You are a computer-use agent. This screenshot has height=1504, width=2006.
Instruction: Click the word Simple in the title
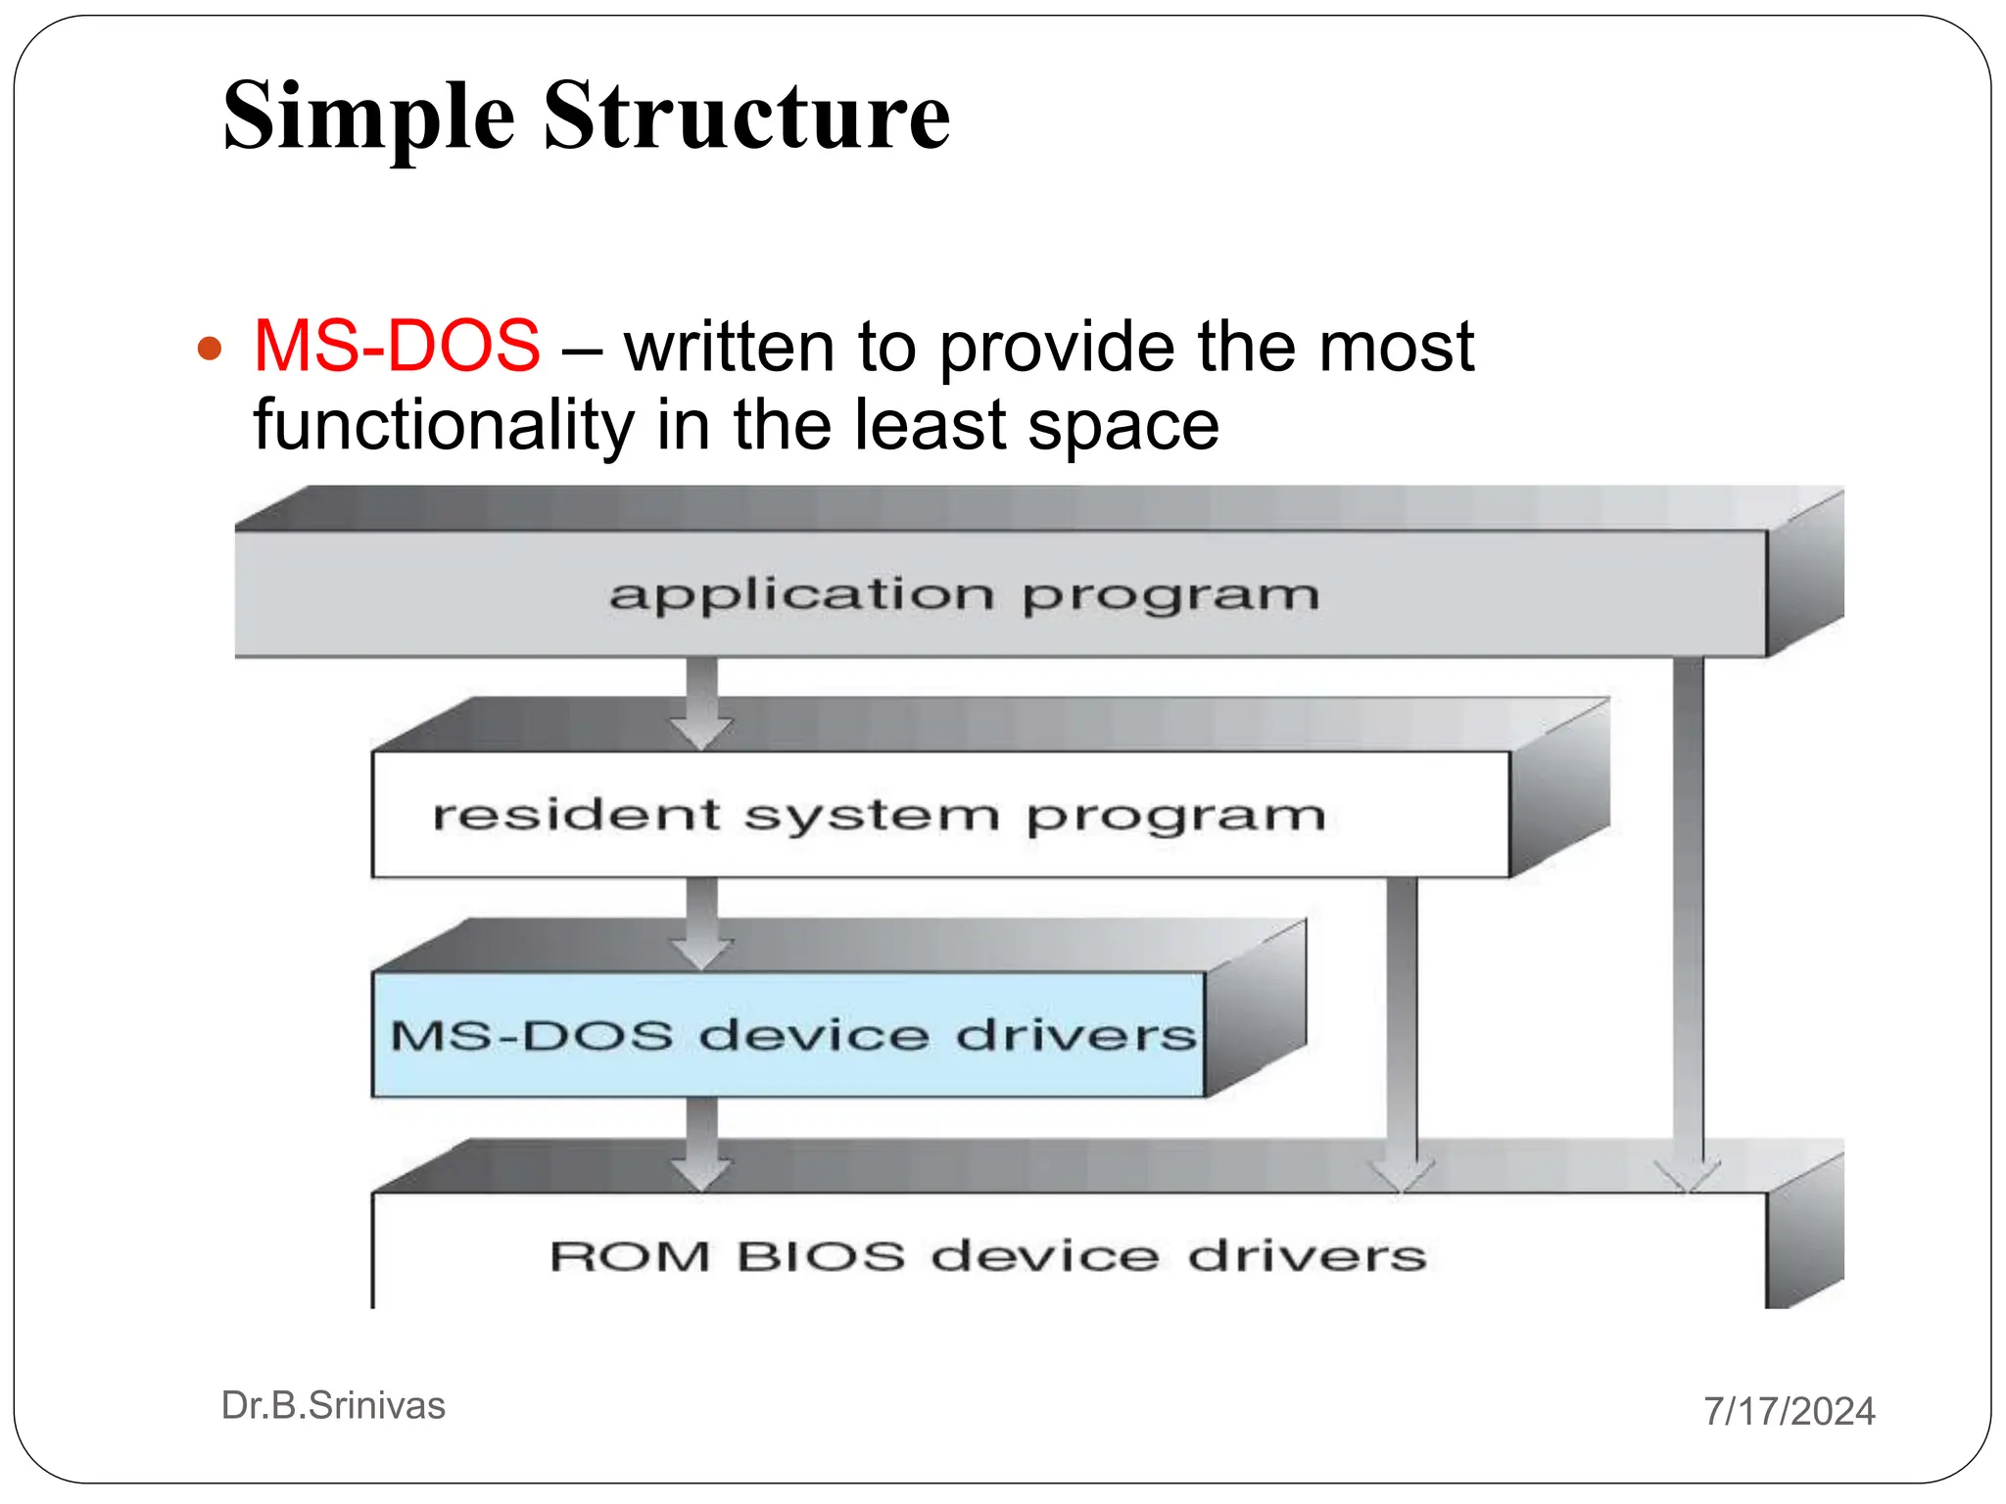tap(368, 117)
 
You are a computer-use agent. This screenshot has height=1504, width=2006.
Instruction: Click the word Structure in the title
tap(746, 116)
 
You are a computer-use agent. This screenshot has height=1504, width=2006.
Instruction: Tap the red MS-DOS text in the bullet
tap(397, 347)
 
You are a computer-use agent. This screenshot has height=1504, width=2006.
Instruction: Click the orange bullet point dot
tap(210, 349)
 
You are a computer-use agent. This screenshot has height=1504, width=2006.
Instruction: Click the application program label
tap(964, 595)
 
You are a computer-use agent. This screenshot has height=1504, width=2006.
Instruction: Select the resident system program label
tap(879, 815)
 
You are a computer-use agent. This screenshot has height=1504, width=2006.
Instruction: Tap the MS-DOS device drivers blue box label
tap(792, 1035)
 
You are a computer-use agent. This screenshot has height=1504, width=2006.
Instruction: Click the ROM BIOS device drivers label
tap(987, 1256)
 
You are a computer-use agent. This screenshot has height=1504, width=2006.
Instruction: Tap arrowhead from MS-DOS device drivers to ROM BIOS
tap(701, 1172)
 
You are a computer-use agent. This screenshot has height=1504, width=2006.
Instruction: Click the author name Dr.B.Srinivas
tap(333, 1406)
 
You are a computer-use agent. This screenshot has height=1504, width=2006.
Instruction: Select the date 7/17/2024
tap(1789, 1411)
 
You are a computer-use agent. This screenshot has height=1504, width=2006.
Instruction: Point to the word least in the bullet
tap(930, 425)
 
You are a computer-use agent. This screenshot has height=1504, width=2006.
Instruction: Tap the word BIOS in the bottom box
tap(821, 1256)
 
